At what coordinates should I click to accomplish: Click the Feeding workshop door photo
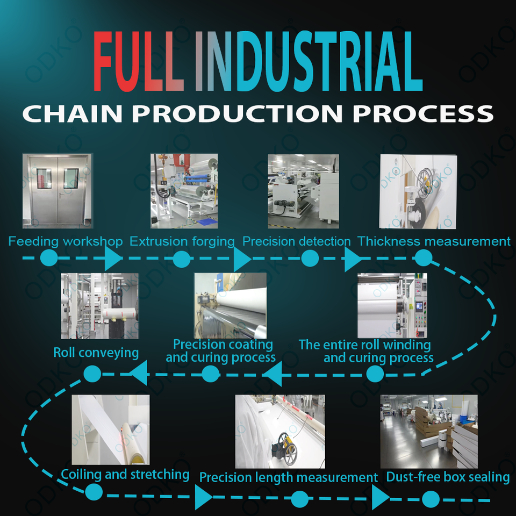[x=58, y=191]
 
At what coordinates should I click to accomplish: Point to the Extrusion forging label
[x=182, y=241]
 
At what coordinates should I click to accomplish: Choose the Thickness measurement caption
[x=434, y=241]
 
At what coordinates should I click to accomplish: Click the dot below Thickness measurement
[x=424, y=259]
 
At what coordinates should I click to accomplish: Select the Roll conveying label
[x=96, y=353]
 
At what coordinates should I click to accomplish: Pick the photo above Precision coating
[x=230, y=305]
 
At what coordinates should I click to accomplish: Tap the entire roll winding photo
[x=392, y=305]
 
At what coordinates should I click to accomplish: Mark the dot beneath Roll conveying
[x=92, y=373]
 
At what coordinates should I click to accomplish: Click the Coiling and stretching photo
[x=111, y=429]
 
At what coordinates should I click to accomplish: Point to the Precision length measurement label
[x=289, y=477]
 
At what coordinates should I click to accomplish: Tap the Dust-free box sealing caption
[x=448, y=477]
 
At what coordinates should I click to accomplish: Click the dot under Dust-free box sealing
[x=431, y=500]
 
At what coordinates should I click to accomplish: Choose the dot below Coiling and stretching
[x=94, y=491]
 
